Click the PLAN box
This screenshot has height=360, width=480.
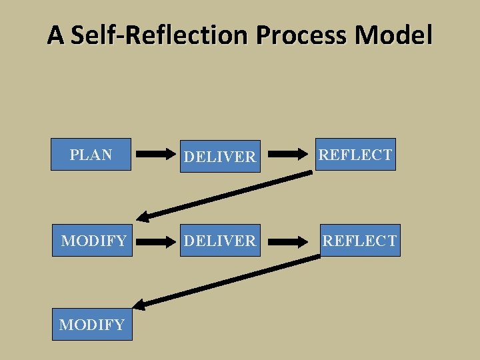(x=91, y=155)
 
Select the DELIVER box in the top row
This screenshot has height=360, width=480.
(x=220, y=157)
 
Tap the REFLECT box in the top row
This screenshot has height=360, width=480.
(x=355, y=155)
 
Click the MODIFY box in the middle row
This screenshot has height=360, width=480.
(x=93, y=241)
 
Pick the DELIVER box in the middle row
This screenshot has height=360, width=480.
(x=220, y=241)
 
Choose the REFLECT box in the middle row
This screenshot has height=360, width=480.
(x=359, y=241)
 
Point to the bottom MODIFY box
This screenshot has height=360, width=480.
(x=92, y=325)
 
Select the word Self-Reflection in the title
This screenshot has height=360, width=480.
(x=161, y=34)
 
